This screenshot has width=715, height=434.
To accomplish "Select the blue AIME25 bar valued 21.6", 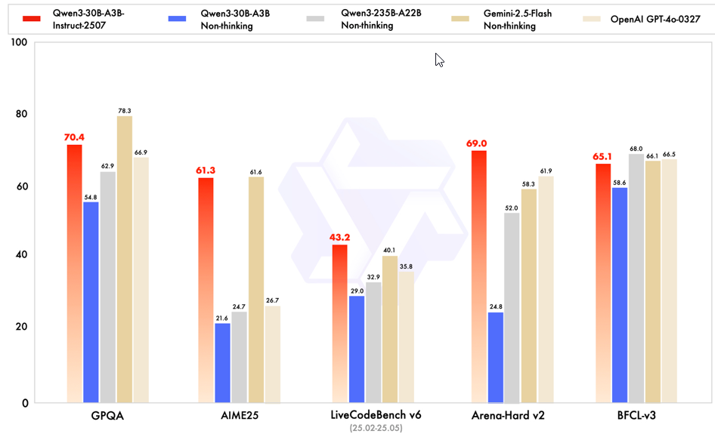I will [222, 363].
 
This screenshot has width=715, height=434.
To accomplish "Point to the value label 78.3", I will [125, 110].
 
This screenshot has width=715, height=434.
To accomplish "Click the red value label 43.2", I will [339, 237].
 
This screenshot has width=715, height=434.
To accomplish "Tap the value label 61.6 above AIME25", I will [255, 171].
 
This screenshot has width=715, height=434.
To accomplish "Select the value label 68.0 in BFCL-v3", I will [636, 149].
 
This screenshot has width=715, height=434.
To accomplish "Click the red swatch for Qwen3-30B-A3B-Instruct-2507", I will [32, 17].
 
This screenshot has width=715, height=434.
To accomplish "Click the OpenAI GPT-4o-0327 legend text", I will [654, 19].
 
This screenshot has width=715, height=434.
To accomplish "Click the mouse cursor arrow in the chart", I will [438, 60].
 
